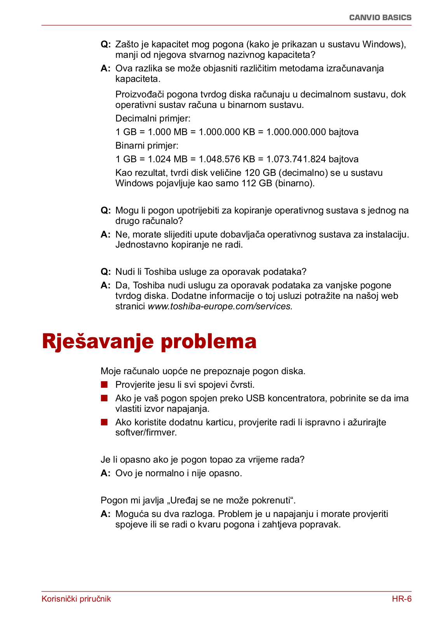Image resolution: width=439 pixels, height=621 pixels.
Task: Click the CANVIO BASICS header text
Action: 380,17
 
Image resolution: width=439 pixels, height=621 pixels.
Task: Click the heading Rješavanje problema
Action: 149,342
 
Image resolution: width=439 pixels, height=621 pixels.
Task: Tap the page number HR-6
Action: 401,598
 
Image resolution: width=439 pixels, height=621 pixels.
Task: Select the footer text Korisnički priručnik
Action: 76,598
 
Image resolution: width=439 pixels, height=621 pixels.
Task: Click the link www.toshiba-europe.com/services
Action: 220,306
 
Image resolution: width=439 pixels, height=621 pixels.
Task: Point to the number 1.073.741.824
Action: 296,159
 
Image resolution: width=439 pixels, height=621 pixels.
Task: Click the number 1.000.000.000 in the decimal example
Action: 296,132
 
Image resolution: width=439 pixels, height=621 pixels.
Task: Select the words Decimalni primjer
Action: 153,118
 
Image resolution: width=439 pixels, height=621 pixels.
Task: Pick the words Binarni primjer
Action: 147,146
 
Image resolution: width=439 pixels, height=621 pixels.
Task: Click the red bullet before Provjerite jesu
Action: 104,385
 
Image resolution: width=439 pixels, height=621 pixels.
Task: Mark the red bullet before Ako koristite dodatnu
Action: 104,422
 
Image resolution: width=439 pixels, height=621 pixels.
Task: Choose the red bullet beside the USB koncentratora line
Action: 104,398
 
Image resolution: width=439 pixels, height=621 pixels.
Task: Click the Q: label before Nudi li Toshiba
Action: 106,272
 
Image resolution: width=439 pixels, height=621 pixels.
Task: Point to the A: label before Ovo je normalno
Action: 106,473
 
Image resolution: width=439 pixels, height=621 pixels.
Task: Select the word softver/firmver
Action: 146,432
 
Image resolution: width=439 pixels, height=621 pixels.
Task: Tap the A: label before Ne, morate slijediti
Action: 106,234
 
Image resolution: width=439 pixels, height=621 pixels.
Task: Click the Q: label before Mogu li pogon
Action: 106,210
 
